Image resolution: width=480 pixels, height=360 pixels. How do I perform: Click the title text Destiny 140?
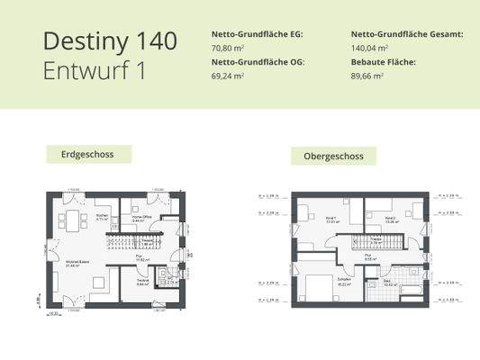(110, 40)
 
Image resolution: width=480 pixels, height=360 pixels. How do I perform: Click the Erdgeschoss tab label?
(87, 154)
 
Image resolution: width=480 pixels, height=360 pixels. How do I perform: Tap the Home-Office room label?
(142, 217)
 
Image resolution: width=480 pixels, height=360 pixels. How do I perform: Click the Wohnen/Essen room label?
(77, 262)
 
